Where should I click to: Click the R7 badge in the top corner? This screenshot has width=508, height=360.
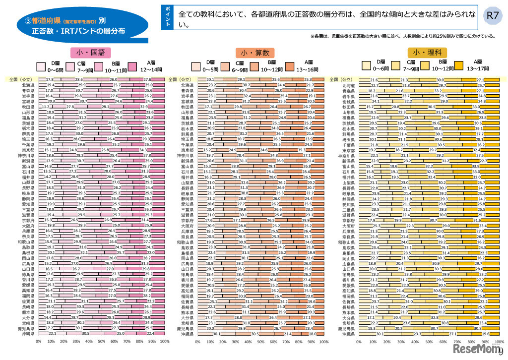pos(492,15)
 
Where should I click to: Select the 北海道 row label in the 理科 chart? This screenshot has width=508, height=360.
pos(348,86)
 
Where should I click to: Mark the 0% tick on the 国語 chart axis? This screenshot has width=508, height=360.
pos(39,342)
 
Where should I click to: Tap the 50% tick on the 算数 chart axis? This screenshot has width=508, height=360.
pos(261,342)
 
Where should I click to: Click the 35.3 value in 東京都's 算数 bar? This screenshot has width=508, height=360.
pos(301,150)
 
